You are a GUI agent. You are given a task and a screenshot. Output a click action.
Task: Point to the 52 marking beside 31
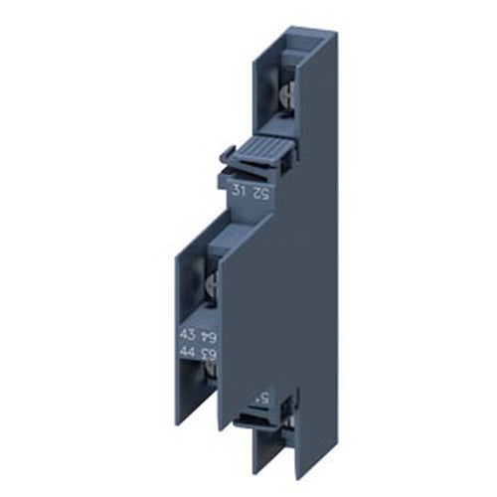[x=261, y=192]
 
